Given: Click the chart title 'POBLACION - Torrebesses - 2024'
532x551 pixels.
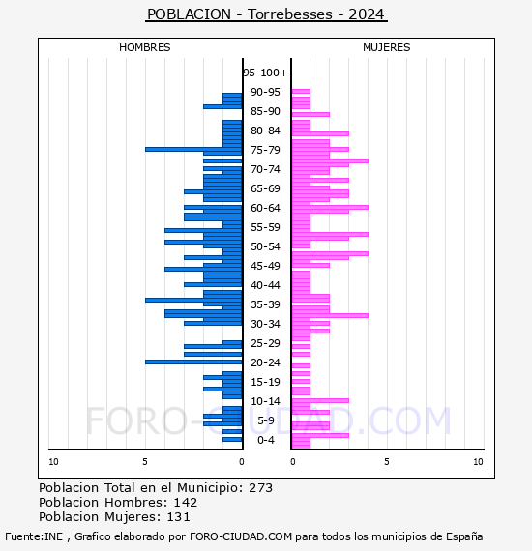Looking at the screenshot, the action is pos(266,14).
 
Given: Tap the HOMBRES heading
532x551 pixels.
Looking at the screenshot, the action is pos(144,47).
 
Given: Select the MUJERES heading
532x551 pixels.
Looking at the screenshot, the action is pos(387,47).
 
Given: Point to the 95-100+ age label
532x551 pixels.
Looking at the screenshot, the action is pos(265,72).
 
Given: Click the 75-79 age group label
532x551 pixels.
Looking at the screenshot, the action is pos(265,150).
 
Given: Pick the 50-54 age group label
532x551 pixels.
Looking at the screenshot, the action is pos(265,246).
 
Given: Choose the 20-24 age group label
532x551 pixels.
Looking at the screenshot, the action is pos(265,362).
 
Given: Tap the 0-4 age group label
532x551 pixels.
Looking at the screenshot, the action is pos(266,440).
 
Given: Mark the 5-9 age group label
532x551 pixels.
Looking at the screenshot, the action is pos(266,420).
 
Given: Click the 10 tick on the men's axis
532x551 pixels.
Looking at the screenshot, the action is pos(53,462).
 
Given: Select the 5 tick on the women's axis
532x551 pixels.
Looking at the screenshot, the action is pos(387,462).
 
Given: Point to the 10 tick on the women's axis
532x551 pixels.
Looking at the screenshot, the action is pos(478,462).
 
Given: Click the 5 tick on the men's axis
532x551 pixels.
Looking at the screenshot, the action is pos(145,462).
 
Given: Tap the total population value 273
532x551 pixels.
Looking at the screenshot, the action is pos(260,488).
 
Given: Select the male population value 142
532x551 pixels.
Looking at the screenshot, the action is pos(186,502).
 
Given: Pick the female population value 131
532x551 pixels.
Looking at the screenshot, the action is pos(178,516).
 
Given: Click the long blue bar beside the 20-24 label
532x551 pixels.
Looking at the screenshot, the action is pos(193,362).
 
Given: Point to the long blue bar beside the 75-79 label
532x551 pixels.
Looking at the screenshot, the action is pos(193,149).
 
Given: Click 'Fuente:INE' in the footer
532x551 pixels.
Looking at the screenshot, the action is pos(34,536).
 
